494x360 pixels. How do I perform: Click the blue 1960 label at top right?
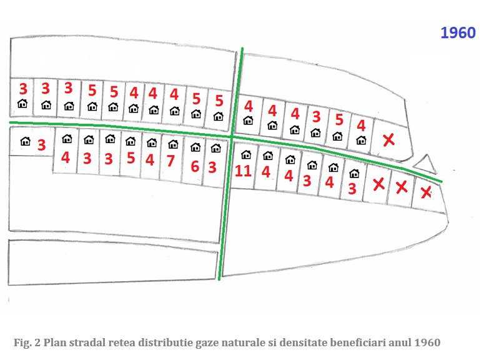458,33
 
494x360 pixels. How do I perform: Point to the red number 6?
194,166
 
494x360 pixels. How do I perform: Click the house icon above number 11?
246,154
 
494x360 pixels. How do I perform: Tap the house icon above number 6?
195,148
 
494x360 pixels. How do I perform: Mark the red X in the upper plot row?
388,140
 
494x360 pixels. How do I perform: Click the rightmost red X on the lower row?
426,192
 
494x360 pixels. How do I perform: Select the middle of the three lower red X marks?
402,186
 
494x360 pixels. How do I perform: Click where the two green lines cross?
232,137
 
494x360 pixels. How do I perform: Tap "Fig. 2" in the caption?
25,342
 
